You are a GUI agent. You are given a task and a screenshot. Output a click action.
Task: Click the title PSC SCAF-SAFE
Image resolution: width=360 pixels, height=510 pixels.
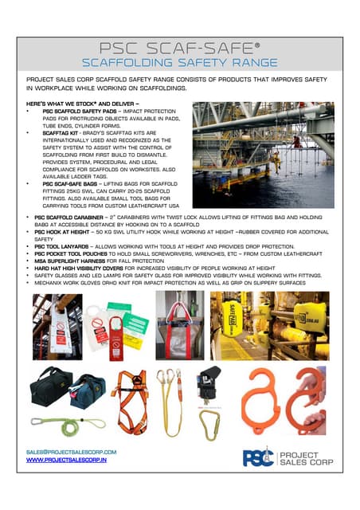pos(180,44)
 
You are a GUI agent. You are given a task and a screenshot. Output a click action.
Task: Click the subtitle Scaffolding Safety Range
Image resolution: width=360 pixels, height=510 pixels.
pos(180,61)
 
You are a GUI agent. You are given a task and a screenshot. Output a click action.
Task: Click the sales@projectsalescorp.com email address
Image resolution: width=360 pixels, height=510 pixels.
pos(72,451)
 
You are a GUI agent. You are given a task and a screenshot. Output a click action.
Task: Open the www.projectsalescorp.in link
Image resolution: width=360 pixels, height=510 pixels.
pos(66,461)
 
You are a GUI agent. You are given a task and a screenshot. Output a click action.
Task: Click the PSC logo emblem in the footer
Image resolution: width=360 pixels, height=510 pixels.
pos(256,457)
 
